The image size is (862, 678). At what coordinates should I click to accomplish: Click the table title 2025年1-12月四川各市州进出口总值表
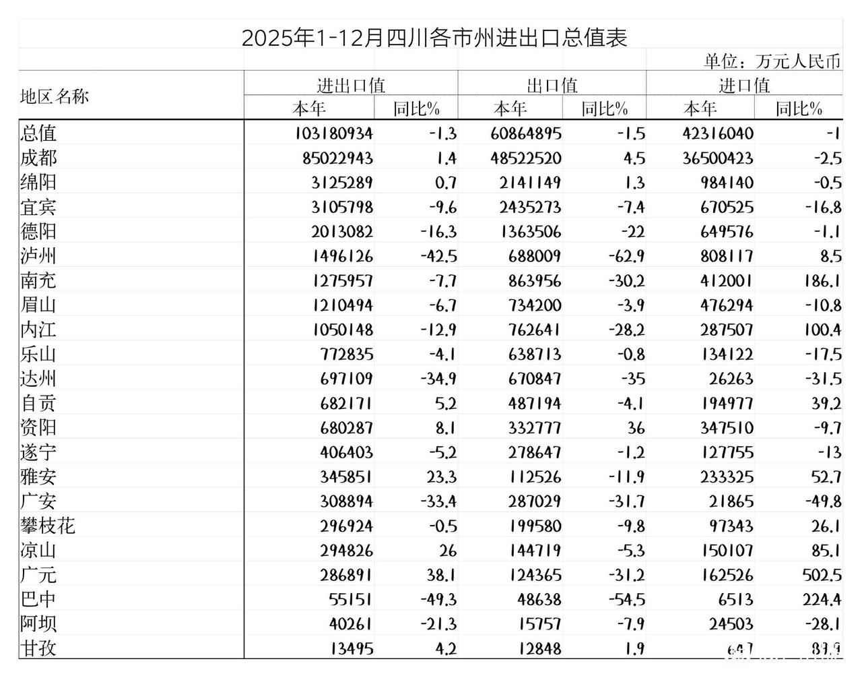434,36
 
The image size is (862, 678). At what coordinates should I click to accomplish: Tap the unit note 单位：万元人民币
772,61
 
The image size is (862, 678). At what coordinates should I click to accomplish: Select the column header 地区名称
55,96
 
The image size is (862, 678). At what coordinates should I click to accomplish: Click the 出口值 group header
552,85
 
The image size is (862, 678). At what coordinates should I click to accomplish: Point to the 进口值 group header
743,85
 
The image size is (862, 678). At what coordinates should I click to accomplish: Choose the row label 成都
38,158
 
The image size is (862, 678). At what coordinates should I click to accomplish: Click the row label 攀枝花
47,526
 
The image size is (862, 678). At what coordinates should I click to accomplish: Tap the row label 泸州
38,256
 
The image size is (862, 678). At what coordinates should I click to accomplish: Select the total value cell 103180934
333,133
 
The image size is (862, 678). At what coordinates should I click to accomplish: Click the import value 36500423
719,158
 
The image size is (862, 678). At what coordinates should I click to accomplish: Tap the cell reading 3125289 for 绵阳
342,183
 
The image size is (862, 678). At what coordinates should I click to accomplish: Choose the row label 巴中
38,599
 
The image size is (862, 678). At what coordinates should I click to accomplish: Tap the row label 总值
38,133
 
